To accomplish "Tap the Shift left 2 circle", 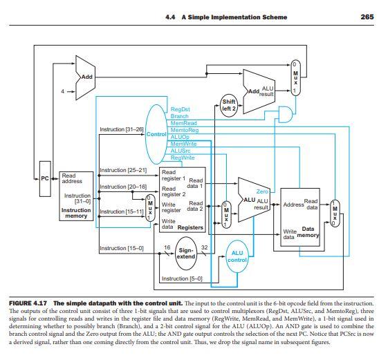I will click(228, 104).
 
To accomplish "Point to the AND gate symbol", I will click(284, 113).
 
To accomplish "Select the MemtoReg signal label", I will click(184, 130).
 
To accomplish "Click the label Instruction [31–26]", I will click(122, 130).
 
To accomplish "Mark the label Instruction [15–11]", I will click(122, 211).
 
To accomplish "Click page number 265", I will click(367, 17).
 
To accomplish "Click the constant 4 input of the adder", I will click(63, 91).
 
